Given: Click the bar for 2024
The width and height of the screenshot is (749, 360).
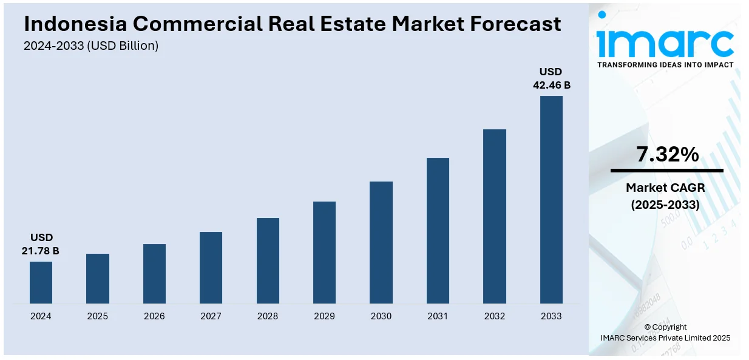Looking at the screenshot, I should click(41, 282).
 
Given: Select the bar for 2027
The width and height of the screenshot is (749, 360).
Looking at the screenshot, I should click(211, 268).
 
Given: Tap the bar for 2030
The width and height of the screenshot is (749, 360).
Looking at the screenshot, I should click(381, 242).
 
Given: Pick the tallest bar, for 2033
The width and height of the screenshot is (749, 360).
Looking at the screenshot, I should click(551, 200).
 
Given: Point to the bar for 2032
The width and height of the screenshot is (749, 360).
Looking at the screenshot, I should click(495, 216).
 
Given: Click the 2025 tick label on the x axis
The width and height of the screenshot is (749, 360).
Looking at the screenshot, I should click(98, 316).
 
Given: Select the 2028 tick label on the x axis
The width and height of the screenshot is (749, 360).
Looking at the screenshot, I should click(268, 316).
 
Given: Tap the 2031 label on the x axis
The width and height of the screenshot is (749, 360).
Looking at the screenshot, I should click(438, 316).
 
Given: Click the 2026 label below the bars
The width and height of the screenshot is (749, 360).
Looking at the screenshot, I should click(154, 316).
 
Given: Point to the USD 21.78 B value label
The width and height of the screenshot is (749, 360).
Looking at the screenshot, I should click(41, 244).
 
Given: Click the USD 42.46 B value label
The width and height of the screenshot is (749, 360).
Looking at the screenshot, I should click(551, 78).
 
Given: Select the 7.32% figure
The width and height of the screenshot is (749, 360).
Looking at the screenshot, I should click(667, 155).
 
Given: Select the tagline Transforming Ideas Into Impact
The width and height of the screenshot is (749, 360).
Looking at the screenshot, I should click(665, 64).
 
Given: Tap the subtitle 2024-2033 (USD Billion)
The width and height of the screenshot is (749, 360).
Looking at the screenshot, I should click(91, 46).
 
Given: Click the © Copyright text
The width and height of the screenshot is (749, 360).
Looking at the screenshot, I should click(665, 327).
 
